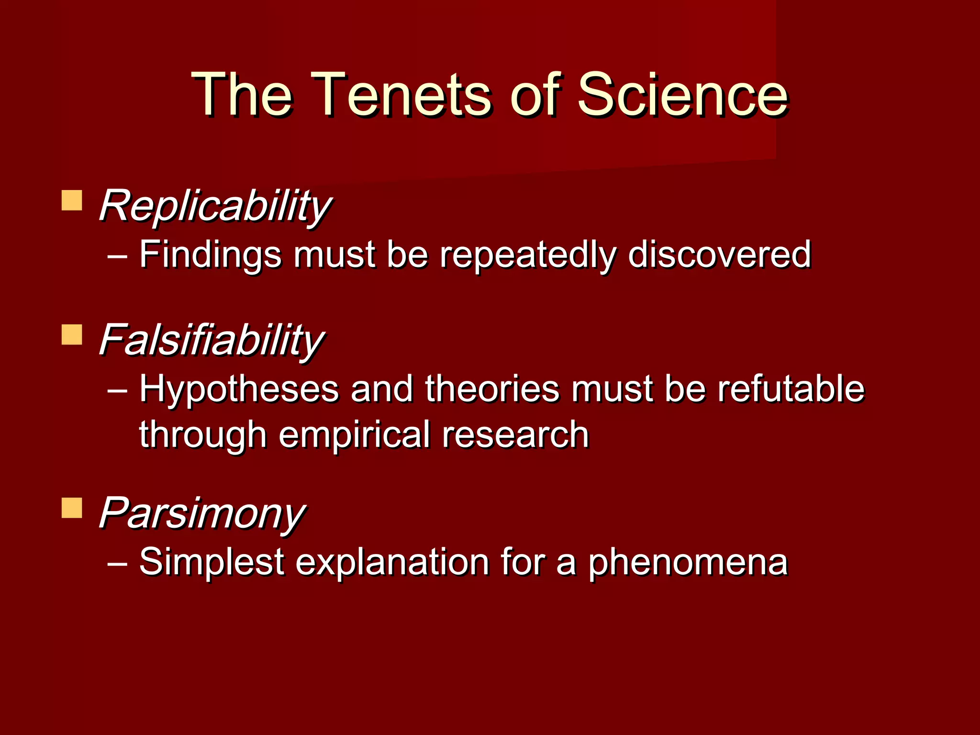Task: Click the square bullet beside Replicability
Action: click(x=72, y=200)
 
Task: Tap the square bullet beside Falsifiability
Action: click(x=72, y=335)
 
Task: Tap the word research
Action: click(x=515, y=434)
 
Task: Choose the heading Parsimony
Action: click(x=201, y=513)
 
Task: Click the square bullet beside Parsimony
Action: click(x=72, y=508)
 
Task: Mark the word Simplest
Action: click(x=212, y=562)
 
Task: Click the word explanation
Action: click(x=392, y=562)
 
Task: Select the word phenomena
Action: click(x=688, y=563)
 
